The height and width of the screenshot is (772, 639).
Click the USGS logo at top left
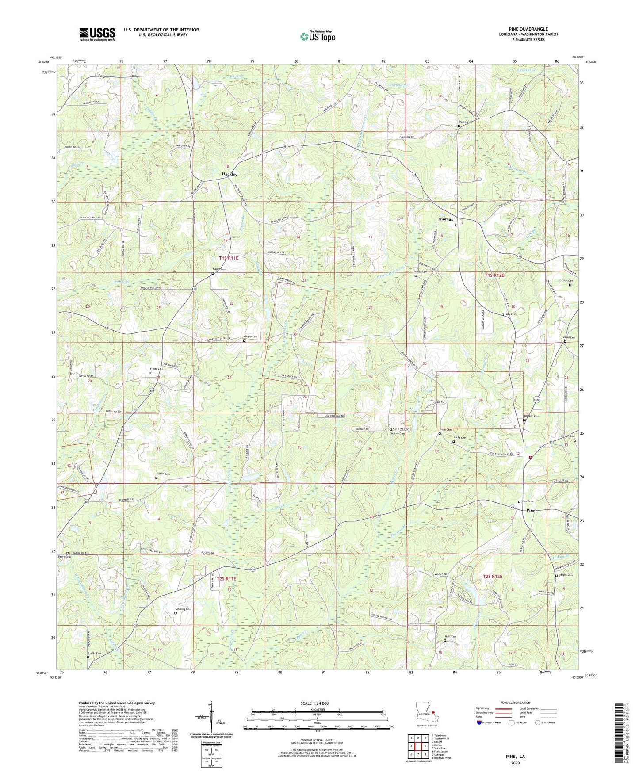97,34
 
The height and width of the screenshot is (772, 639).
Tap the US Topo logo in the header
317,36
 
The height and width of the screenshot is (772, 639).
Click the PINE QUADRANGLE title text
528,29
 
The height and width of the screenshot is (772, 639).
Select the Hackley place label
230,174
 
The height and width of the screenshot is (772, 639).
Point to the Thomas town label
445,219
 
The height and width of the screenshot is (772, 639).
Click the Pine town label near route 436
531,510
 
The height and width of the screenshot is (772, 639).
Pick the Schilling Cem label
183,609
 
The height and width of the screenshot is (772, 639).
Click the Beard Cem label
64,557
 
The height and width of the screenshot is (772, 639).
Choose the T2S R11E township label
226,578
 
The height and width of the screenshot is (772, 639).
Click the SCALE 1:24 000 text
314,703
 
